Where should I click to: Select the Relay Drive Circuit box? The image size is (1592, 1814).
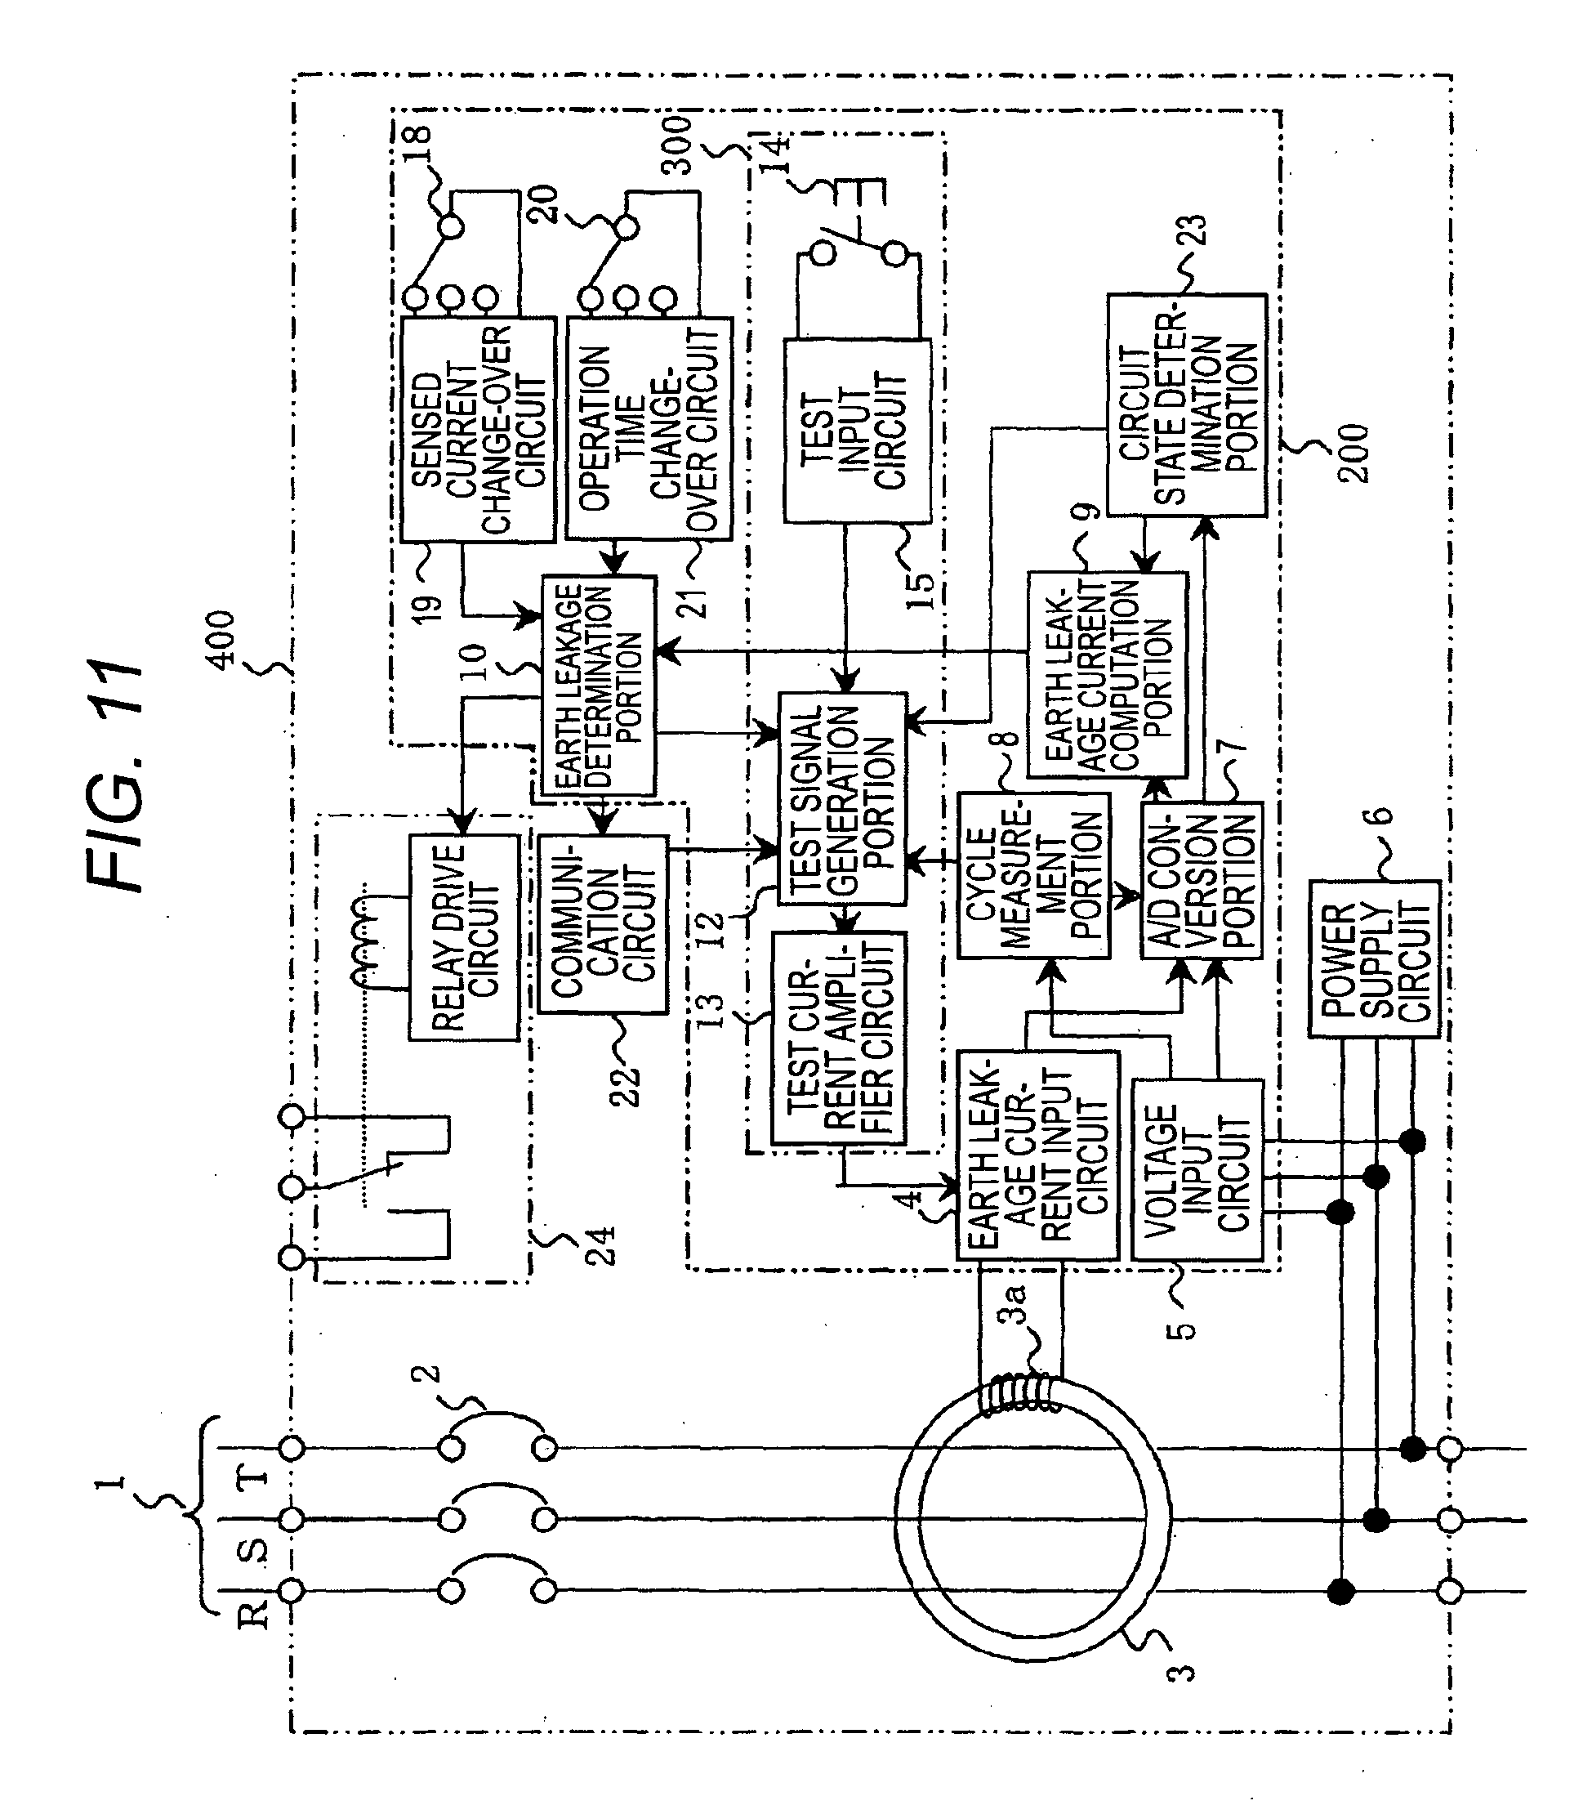(463, 937)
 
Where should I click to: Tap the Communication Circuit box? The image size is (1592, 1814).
(603, 924)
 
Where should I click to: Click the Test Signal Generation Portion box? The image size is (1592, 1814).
(842, 798)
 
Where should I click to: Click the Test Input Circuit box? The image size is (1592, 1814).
(857, 431)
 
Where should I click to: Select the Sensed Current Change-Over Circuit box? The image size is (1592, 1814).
(477, 430)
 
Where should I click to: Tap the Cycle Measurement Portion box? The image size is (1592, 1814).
(1034, 875)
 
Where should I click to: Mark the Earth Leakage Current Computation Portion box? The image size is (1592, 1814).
(1108, 674)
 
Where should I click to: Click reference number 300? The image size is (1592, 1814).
(678, 145)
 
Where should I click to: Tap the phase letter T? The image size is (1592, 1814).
(253, 1477)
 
